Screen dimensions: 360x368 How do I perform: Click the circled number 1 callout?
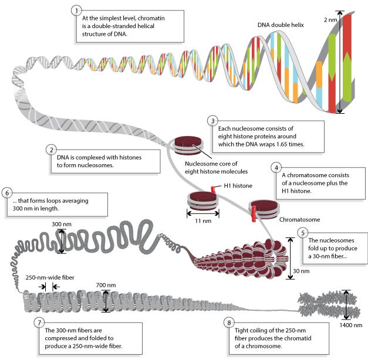(x=75, y=11)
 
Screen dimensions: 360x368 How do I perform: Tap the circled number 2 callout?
(x=52, y=150)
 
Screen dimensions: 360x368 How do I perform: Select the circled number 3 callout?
(x=212, y=121)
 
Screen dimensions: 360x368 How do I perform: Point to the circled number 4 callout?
(x=275, y=167)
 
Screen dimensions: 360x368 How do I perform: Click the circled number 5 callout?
(x=302, y=232)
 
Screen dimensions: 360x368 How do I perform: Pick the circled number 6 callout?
(x=7, y=193)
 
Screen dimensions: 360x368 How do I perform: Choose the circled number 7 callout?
(x=39, y=322)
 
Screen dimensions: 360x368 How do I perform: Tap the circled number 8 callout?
(x=228, y=322)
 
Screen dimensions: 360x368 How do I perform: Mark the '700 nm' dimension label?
(x=106, y=286)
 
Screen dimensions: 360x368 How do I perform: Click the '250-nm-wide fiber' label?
(x=49, y=277)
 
